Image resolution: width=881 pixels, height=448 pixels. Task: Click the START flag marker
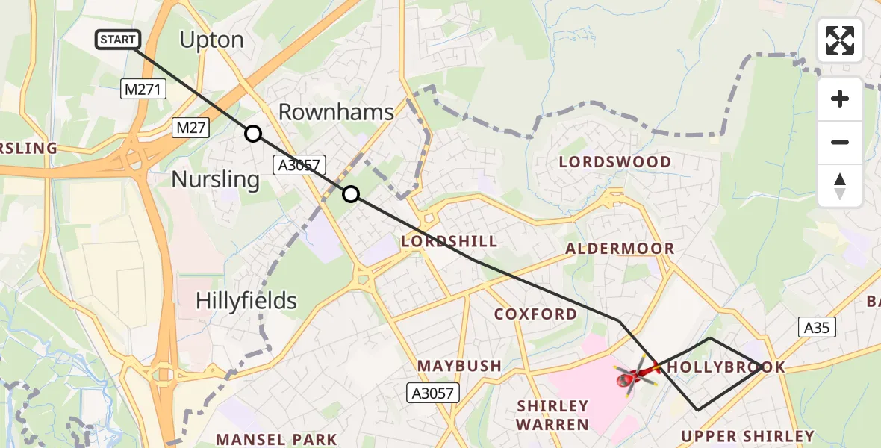pyautogui.click(x=118, y=40)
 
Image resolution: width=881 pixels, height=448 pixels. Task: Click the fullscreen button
pyautogui.click(x=840, y=40)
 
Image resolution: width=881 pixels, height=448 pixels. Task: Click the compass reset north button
pyautogui.click(x=840, y=186)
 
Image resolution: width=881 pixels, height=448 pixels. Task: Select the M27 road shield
pyautogui.click(x=192, y=128)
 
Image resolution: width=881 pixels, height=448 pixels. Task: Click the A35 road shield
pyautogui.click(x=817, y=326)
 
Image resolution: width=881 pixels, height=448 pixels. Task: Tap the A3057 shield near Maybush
pyautogui.click(x=432, y=392)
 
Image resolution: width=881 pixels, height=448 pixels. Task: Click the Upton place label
pyautogui.click(x=212, y=40)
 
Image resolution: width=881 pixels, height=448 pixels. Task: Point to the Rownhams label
pyautogui.click(x=336, y=112)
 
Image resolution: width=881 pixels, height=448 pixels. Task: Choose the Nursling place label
pyautogui.click(x=216, y=179)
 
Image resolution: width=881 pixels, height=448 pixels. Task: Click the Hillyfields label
pyautogui.click(x=246, y=301)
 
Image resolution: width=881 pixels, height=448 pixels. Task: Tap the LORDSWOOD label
pyautogui.click(x=615, y=161)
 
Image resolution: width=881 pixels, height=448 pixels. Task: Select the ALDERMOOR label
pyautogui.click(x=620, y=249)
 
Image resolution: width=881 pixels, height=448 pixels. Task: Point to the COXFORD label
pyautogui.click(x=535, y=314)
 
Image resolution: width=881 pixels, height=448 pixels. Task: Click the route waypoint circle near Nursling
pyautogui.click(x=253, y=134)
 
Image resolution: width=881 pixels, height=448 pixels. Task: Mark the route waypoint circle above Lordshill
pyautogui.click(x=351, y=195)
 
